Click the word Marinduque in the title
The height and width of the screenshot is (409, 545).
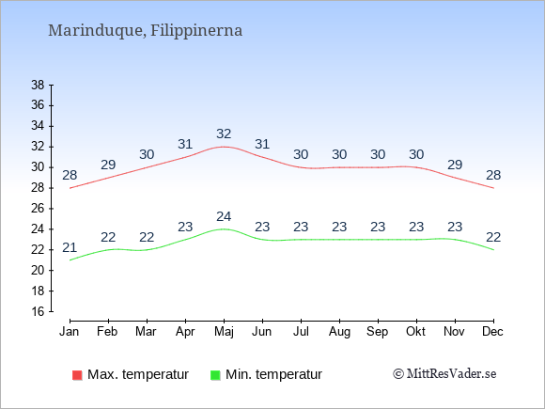point(96,31)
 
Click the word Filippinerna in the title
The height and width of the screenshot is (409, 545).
point(196,31)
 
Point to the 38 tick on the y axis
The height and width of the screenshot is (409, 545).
point(38,85)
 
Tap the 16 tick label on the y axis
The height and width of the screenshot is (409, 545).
point(38,311)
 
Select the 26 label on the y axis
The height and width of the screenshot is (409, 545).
point(38,209)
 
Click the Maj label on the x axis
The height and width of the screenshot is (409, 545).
point(224,332)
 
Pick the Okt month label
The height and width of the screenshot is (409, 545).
point(415,332)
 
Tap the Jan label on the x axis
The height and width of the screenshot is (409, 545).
point(70,332)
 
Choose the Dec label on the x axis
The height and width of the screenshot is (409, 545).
point(493,332)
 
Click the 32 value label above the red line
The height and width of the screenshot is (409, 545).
point(224,134)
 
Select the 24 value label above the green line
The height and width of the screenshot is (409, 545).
point(224,216)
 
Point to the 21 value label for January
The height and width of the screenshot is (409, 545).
point(70,247)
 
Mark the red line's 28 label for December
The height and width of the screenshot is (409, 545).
point(493,175)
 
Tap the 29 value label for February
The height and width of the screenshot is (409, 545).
point(108,165)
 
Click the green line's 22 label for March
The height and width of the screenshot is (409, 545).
point(147,237)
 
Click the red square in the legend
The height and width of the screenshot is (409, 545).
point(77,375)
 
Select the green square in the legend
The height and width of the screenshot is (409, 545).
point(215,375)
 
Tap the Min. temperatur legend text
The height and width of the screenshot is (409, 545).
point(273,374)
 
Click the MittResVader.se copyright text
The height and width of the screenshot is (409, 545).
point(444,374)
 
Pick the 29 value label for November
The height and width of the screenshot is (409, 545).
point(455,165)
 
